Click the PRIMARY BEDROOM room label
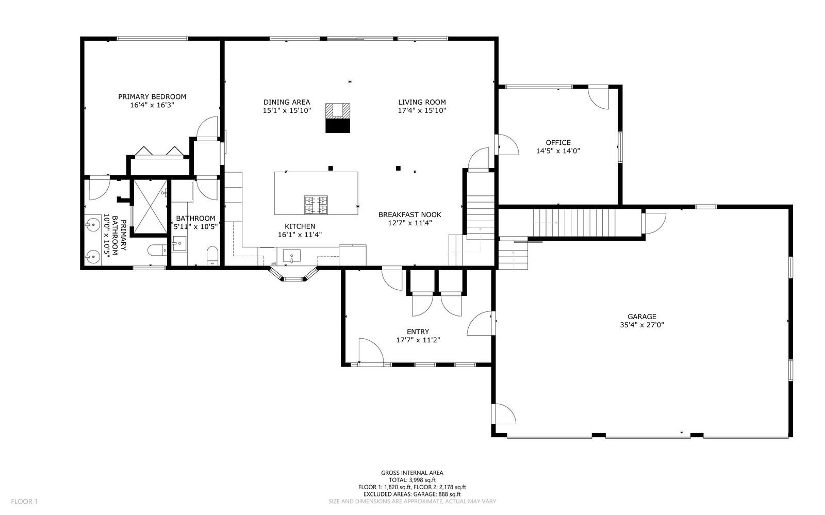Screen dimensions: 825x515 point(152,97)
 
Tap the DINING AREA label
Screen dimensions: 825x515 point(287,103)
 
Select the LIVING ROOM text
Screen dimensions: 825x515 point(422,103)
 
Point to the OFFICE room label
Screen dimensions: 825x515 point(558,142)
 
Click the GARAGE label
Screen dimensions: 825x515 point(642,317)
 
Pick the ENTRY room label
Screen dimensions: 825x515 point(418,331)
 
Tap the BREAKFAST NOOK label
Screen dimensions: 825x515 point(409,214)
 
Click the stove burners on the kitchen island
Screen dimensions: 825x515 point(316,205)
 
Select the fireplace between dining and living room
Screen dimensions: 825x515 point(337,118)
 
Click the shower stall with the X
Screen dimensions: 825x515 point(150,207)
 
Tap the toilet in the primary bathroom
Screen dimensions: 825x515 point(157,251)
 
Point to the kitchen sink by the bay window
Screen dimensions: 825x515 point(292,256)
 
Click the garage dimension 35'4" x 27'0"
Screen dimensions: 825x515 point(642,325)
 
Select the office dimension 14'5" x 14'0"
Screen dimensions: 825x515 point(558,151)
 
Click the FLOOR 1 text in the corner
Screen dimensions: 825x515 point(24,502)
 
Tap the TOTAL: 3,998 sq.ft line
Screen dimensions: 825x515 point(412,480)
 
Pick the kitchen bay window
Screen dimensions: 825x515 point(293,275)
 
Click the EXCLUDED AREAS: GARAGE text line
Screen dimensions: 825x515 point(412,494)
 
